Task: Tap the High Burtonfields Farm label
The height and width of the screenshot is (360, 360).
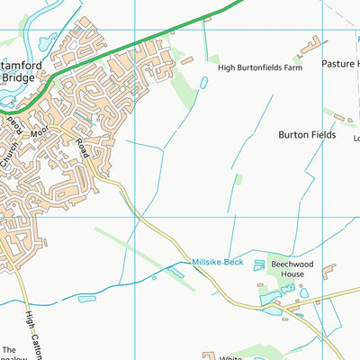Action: click(x=256, y=66)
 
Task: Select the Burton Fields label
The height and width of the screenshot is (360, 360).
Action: click(x=306, y=134)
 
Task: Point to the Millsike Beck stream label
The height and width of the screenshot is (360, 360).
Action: click(x=217, y=262)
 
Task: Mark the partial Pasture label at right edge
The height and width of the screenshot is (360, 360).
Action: click(x=342, y=66)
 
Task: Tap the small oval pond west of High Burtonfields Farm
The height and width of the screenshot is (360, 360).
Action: click(x=203, y=82)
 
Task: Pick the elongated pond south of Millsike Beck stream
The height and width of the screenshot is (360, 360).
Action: click(x=87, y=298)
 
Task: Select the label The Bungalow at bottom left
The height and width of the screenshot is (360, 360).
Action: click(x=9, y=353)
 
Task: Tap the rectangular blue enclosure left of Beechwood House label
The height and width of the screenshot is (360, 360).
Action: click(x=260, y=265)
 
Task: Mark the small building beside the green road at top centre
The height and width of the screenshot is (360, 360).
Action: click(x=187, y=60)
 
